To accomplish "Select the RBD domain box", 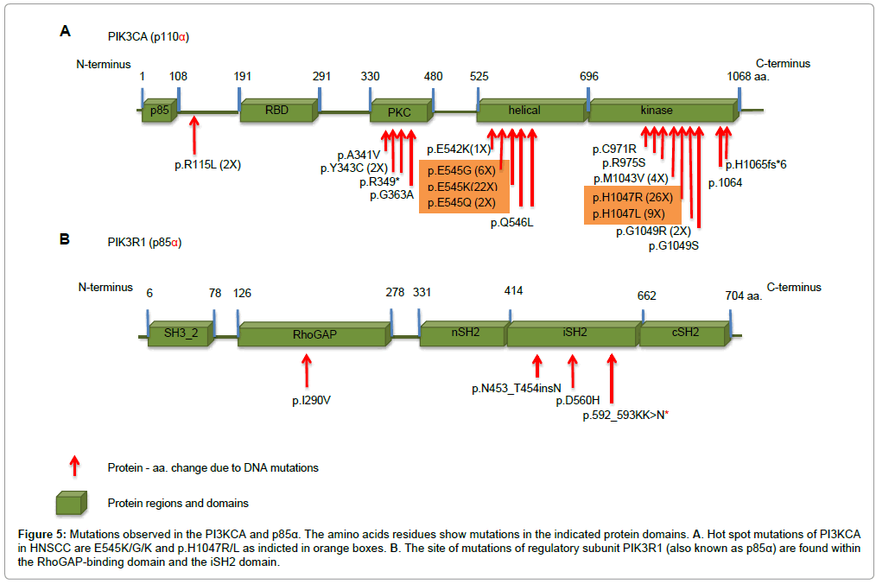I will (x=276, y=111).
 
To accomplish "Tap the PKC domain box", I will (x=398, y=111).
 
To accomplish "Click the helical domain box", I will (x=524, y=111).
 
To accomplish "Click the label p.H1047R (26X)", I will (x=631, y=197).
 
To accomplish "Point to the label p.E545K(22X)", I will (x=462, y=187).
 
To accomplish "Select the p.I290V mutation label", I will (x=312, y=400).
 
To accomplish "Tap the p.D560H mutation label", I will (x=578, y=401).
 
